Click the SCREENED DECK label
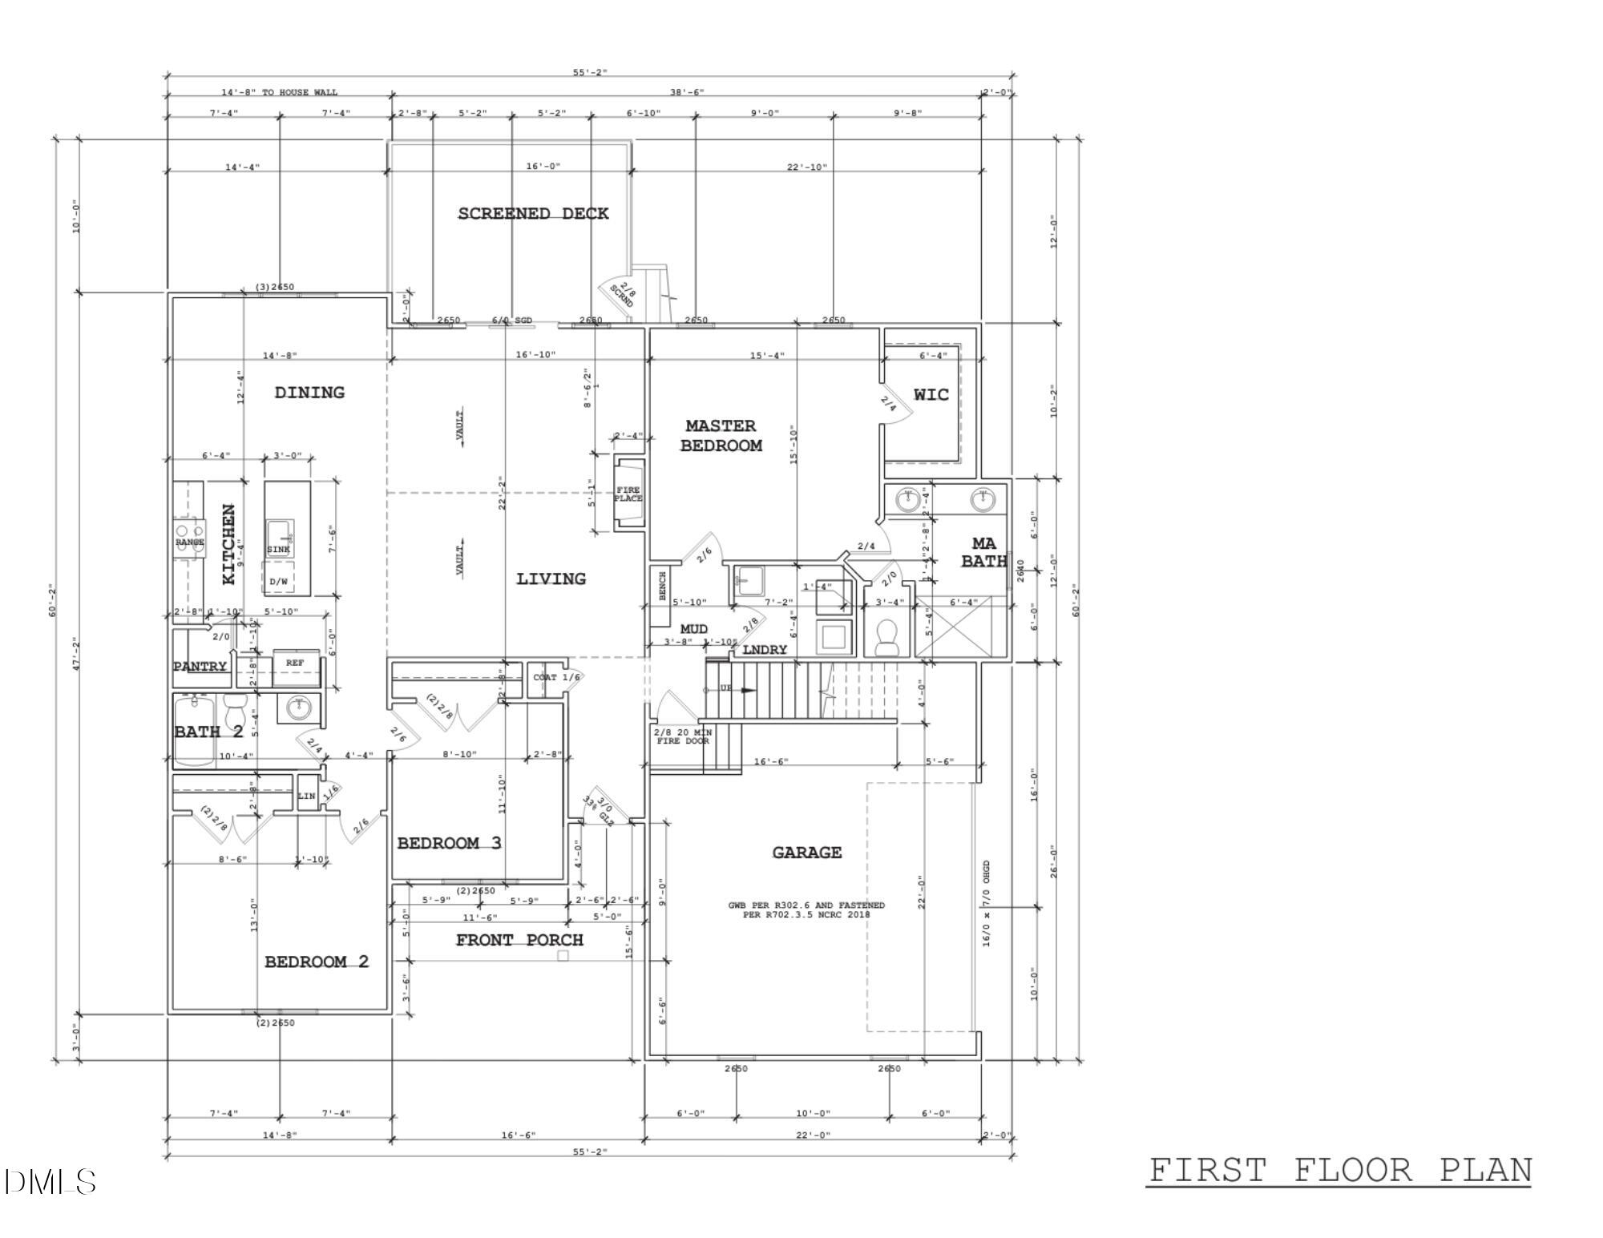(533, 213)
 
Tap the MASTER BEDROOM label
(721, 435)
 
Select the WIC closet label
(931, 394)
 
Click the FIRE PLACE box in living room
(628, 494)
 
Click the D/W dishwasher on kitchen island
(278, 581)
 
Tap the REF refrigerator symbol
(295, 663)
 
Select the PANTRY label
(200, 667)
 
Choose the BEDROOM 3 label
(449, 843)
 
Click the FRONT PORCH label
(519, 940)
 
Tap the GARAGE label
(806, 853)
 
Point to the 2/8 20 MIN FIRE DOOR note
(683, 736)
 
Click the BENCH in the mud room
(662, 586)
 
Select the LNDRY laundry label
(765, 650)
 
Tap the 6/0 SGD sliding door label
(512, 321)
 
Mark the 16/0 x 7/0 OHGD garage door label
(987, 904)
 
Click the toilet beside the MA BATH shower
(886, 638)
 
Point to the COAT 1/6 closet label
(555, 678)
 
